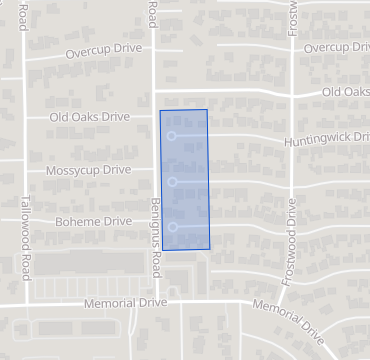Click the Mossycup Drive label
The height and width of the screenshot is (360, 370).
(x=88, y=171)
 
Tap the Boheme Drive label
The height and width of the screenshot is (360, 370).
(x=94, y=221)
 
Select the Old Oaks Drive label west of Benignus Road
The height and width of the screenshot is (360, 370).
(x=91, y=117)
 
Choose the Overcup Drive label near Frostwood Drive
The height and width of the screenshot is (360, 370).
(x=336, y=48)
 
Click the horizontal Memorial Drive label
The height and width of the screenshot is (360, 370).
(x=125, y=302)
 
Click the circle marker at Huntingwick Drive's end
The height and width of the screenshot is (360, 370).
(x=172, y=135)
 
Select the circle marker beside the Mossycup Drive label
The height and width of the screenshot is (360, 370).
(x=173, y=181)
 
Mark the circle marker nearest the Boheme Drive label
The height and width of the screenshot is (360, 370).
(x=173, y=227)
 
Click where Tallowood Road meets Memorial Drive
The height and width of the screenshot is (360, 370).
(x=22, y=302)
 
